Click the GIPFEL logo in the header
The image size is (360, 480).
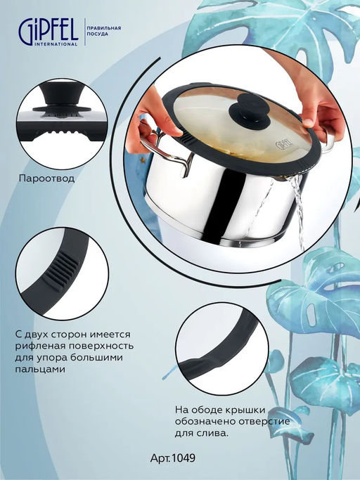[x=48, y=31]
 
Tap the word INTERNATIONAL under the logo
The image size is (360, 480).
[x=56, y=44]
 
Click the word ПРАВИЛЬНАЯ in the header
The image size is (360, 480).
[x=104, y=28]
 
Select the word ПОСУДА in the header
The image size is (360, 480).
[x=98, y=34]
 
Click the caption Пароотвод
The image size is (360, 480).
[x=46, y=179]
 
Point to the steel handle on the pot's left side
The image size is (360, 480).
[x=166, y=148]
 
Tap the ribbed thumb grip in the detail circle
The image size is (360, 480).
[x=60, y=270]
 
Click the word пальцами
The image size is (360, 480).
[x=40, y=369]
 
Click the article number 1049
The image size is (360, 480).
[x=184, y=458]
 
